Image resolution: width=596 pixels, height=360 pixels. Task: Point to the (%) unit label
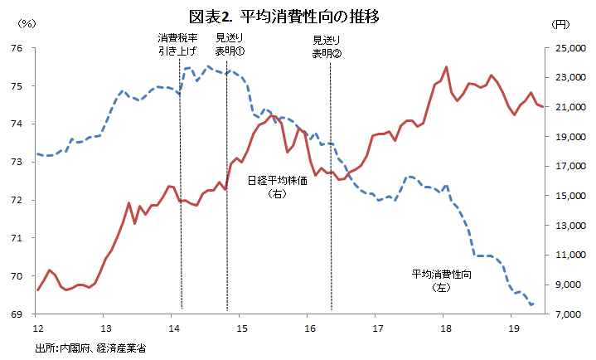pos(27,24)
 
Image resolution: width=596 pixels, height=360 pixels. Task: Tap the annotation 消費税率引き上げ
pos(177,44)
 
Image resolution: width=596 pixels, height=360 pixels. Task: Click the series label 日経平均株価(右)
pos(278,187)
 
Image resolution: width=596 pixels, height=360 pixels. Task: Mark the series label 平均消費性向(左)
pos(443,280)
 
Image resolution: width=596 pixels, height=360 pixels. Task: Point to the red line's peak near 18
pos(446,67)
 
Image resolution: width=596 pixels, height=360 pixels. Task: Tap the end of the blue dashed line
pos(531,305)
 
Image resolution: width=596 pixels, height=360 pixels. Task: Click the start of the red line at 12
pos(38,289)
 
